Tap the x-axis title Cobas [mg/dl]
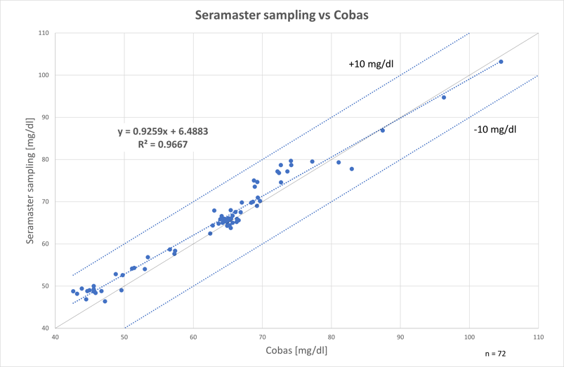295,349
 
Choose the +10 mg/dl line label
371,64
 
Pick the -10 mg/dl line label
493,129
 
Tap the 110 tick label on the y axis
44,33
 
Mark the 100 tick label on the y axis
44,75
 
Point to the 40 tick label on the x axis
55,337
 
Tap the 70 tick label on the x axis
262,337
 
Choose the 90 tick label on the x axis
400,337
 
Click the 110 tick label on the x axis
537,337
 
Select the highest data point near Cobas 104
501,62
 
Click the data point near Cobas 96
444,97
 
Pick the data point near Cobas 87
382,130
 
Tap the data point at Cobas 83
352,168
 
